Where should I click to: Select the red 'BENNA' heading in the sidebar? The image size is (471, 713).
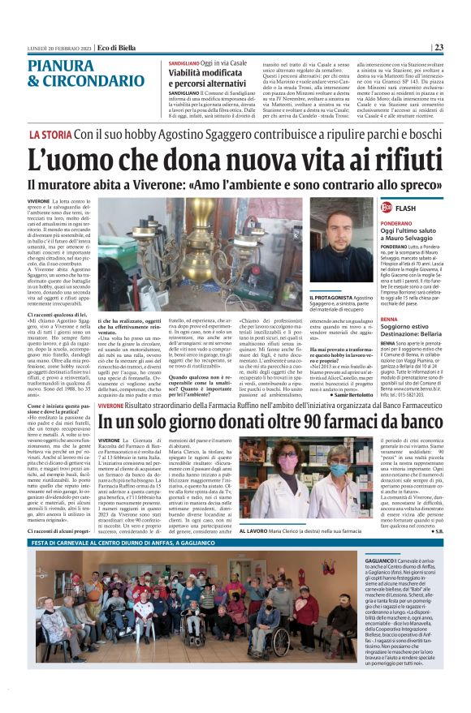coord(366,320)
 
